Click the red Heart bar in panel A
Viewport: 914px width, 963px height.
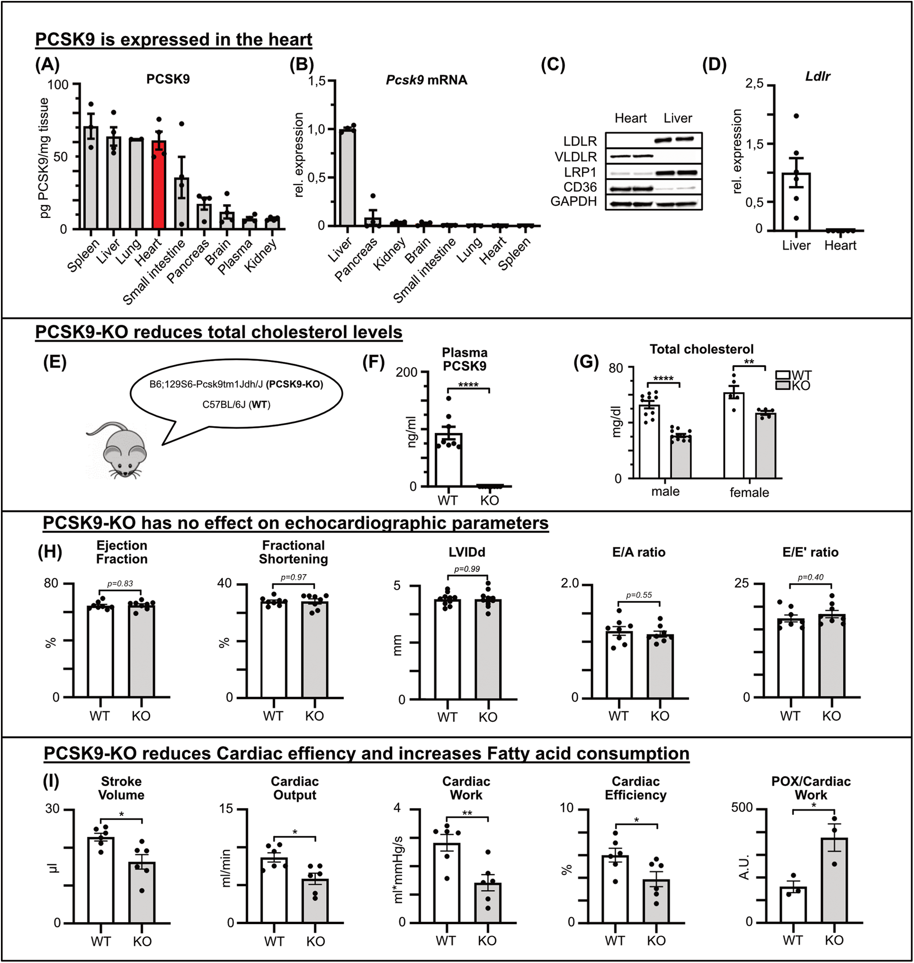pos(159,185)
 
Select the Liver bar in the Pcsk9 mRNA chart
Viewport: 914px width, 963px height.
pos(348,178)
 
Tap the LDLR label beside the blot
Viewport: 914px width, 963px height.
pos(580,142)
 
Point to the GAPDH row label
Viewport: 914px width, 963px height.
pos(574,201)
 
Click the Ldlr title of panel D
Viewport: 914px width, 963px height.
pos(818,76)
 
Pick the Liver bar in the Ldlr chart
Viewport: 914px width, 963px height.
pos(796,202)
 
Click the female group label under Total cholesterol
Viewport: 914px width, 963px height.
pos(749,492)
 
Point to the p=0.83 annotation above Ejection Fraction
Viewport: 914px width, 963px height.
pos(120,583)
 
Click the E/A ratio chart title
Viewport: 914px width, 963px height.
pos(639,552)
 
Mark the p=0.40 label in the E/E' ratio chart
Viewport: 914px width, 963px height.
pos(810,577)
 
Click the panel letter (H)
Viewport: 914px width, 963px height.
pos(50,552)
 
